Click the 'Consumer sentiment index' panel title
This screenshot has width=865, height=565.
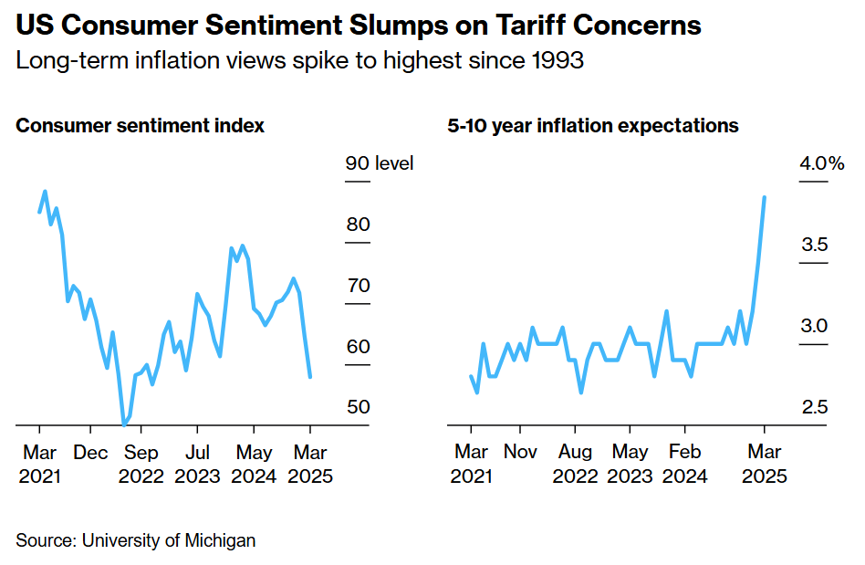(141, 126)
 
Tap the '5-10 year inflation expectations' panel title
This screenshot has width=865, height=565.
(593, 126)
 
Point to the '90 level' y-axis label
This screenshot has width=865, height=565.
(379, 163)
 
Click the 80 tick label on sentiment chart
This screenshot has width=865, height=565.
(358, 225)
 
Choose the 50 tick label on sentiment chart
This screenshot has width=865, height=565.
(358, 406)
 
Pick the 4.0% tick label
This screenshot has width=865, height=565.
(822, 163)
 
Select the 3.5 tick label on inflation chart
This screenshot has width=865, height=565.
(814, 245)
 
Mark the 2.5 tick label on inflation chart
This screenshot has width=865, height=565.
(814, 406)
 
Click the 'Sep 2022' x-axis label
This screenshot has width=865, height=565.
(141, 464)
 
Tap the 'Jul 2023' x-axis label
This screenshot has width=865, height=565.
(197, 464)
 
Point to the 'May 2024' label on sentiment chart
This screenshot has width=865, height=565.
(254, 464)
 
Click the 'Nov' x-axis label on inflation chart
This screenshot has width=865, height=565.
(520, 451)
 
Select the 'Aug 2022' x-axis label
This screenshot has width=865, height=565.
(576, 464)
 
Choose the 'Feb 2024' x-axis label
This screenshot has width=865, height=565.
(684, 464)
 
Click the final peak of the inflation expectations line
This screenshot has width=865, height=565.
(764, 197)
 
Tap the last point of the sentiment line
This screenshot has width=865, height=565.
(310, 376)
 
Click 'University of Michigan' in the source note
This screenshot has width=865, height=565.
(169, 540)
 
